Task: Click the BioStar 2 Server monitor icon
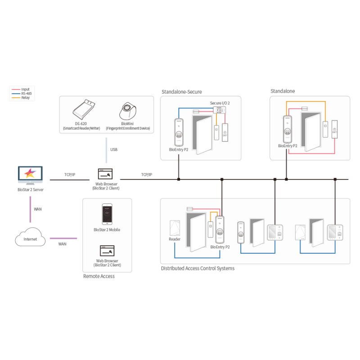(30, 174)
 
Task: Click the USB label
(114, 149)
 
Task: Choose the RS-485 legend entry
(26, 94)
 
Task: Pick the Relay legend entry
(25, 98)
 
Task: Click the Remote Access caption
(99, 276)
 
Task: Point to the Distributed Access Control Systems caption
(198, 269)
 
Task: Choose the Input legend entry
(25, 90)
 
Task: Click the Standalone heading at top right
(283, 91)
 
